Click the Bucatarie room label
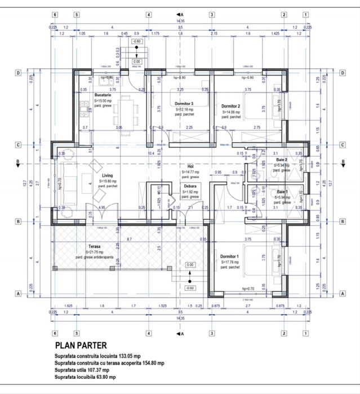click(104, 95)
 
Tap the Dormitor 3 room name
click(184, 104)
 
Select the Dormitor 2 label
click(231, 106)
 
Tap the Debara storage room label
click(189, 185)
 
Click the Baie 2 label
click(282, 160)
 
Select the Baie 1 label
click(282, 192)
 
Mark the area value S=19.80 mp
click(106, 181)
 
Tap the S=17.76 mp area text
click(231, 262)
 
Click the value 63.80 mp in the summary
click(105, 377)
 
